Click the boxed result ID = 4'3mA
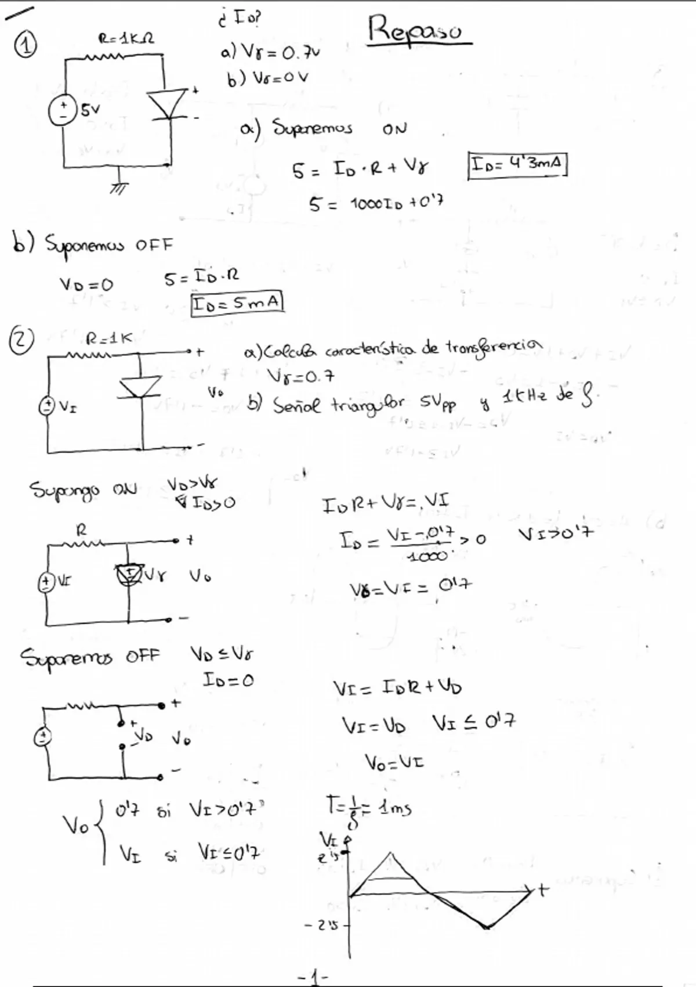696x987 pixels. (517, 165)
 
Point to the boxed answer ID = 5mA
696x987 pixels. (237, 303)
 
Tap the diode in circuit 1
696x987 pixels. (168, 105)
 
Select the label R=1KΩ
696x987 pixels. (125, 39)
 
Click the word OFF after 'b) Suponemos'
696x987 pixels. (154, 245)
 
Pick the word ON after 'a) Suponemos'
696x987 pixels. (394, 129)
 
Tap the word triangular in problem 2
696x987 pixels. (367, 404)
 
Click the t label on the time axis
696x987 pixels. (542, 889)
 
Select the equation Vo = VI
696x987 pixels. (394, 762)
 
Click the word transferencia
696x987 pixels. (493, 347)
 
